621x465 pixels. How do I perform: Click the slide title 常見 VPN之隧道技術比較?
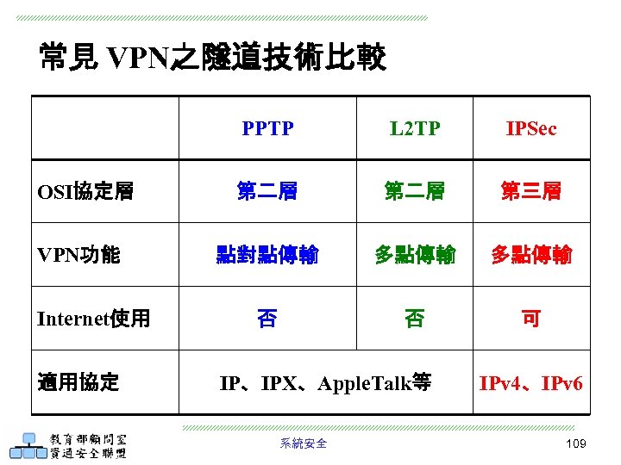[212, 58]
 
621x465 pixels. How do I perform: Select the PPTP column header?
[267, 129]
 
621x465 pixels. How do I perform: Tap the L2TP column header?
[414, 129]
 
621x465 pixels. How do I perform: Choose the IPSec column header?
[531, 129]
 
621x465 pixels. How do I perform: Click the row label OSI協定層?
[85, 191]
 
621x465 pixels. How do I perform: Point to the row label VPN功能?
[78, 255]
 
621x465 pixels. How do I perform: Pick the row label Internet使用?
[94, 319]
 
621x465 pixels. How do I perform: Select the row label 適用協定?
[78, 382]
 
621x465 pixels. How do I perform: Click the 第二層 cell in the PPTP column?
[267, 191]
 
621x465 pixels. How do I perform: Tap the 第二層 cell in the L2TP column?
[414, 191]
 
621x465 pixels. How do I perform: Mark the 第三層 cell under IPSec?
[531, 191]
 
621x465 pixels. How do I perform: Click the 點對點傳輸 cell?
[267, 255]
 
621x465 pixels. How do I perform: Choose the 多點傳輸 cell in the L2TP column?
[414, 255]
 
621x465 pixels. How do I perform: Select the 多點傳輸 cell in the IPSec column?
[531, 255]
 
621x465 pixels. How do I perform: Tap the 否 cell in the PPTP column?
[267, 319]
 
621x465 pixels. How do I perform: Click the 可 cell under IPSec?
[531, 319]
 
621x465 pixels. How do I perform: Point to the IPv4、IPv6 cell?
[531, 382]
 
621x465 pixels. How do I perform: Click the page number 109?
[575, 443]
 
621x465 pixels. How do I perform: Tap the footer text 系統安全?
[304, 443]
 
